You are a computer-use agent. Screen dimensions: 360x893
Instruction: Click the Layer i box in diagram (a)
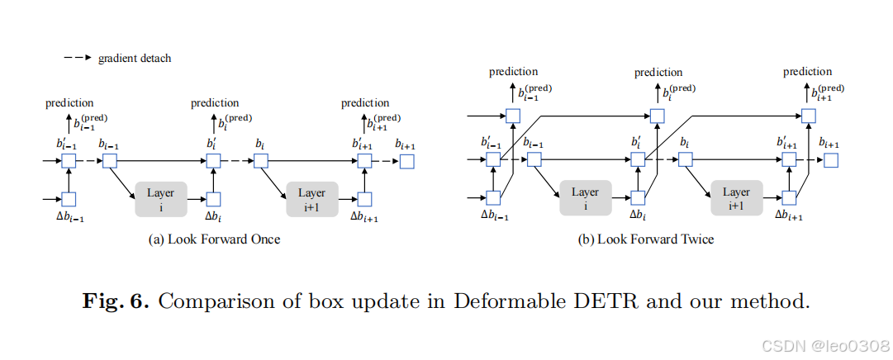coord(160,197)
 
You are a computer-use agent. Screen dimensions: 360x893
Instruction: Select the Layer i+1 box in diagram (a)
coord(312,197)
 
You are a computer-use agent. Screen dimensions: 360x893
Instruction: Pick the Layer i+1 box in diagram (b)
coord(736,198)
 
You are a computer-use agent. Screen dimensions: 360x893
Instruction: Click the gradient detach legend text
coord(134,59)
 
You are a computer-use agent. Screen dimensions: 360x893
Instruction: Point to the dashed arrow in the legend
coord(77,59)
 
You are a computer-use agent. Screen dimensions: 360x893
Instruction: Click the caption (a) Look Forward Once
coord(214,239)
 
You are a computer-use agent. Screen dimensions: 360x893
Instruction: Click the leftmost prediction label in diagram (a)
coord(69,103)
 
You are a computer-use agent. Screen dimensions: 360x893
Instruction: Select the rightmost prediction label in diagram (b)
coord(808,73)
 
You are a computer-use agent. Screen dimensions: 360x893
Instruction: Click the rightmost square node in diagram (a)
coord(407,161)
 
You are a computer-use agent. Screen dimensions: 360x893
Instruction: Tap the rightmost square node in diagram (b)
coord(831,161)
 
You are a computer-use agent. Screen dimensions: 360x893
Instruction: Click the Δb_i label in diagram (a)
coord(214,216)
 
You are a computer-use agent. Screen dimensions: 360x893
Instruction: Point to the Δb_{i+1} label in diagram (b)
coord(790,216)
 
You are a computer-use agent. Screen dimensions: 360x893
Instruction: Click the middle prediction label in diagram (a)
coord(215,103)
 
